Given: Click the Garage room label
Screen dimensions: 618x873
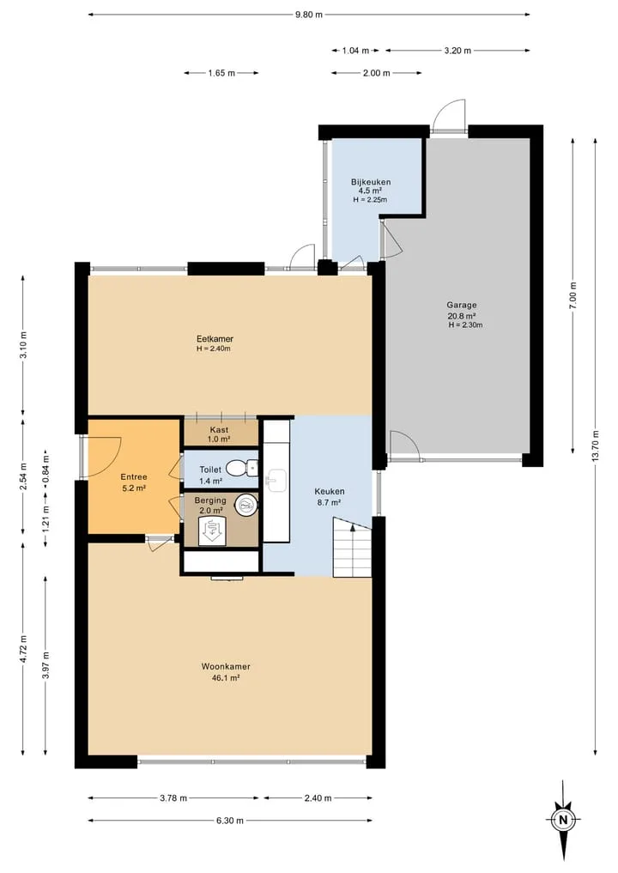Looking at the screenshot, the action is (x=462, y=305).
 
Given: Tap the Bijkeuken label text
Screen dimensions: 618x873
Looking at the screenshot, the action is (x=371, y=182).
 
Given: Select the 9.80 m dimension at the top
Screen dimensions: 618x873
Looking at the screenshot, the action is (x=309, y=15).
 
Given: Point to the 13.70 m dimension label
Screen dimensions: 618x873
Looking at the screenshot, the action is (x=596, y=446).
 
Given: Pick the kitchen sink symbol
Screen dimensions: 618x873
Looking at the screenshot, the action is (x=276, y=481).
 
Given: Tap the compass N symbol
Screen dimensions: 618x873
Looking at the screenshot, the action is (x=563, y=820).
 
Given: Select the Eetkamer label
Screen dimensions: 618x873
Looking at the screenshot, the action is (x=215, y=338).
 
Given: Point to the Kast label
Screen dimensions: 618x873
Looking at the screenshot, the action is (x=220, y=430).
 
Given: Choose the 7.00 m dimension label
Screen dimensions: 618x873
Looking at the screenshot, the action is (x=573, y=296).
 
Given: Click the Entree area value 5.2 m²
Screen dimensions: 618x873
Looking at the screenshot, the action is (x=134, y=488).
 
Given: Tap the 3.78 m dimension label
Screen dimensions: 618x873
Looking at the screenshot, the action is (x=173, y=797).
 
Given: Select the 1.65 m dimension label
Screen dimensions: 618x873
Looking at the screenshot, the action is (x=221, y=73).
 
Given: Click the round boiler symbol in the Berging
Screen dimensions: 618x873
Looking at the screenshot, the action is (x=246, y=505).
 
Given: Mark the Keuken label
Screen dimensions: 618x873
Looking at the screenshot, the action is (x=330, y=492).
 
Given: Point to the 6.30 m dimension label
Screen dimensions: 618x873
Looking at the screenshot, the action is (x=230, y=820).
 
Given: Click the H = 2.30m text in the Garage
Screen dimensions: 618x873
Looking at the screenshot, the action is (x=465, y=325).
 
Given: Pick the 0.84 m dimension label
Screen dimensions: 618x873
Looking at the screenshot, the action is (x=45, y=469).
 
